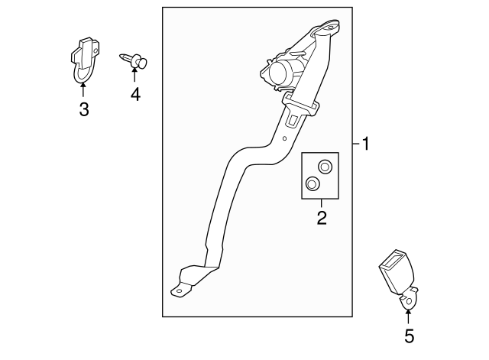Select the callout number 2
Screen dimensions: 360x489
(322, 219)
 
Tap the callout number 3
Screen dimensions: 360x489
(83, 109)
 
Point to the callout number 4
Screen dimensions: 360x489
(134, 95)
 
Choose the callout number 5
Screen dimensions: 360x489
(409, 336)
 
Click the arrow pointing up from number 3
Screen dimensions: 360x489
(83, 87)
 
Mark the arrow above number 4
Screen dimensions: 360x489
(134, 74)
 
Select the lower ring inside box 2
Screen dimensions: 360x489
(313, 183)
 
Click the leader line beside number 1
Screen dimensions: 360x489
(357, 144)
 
